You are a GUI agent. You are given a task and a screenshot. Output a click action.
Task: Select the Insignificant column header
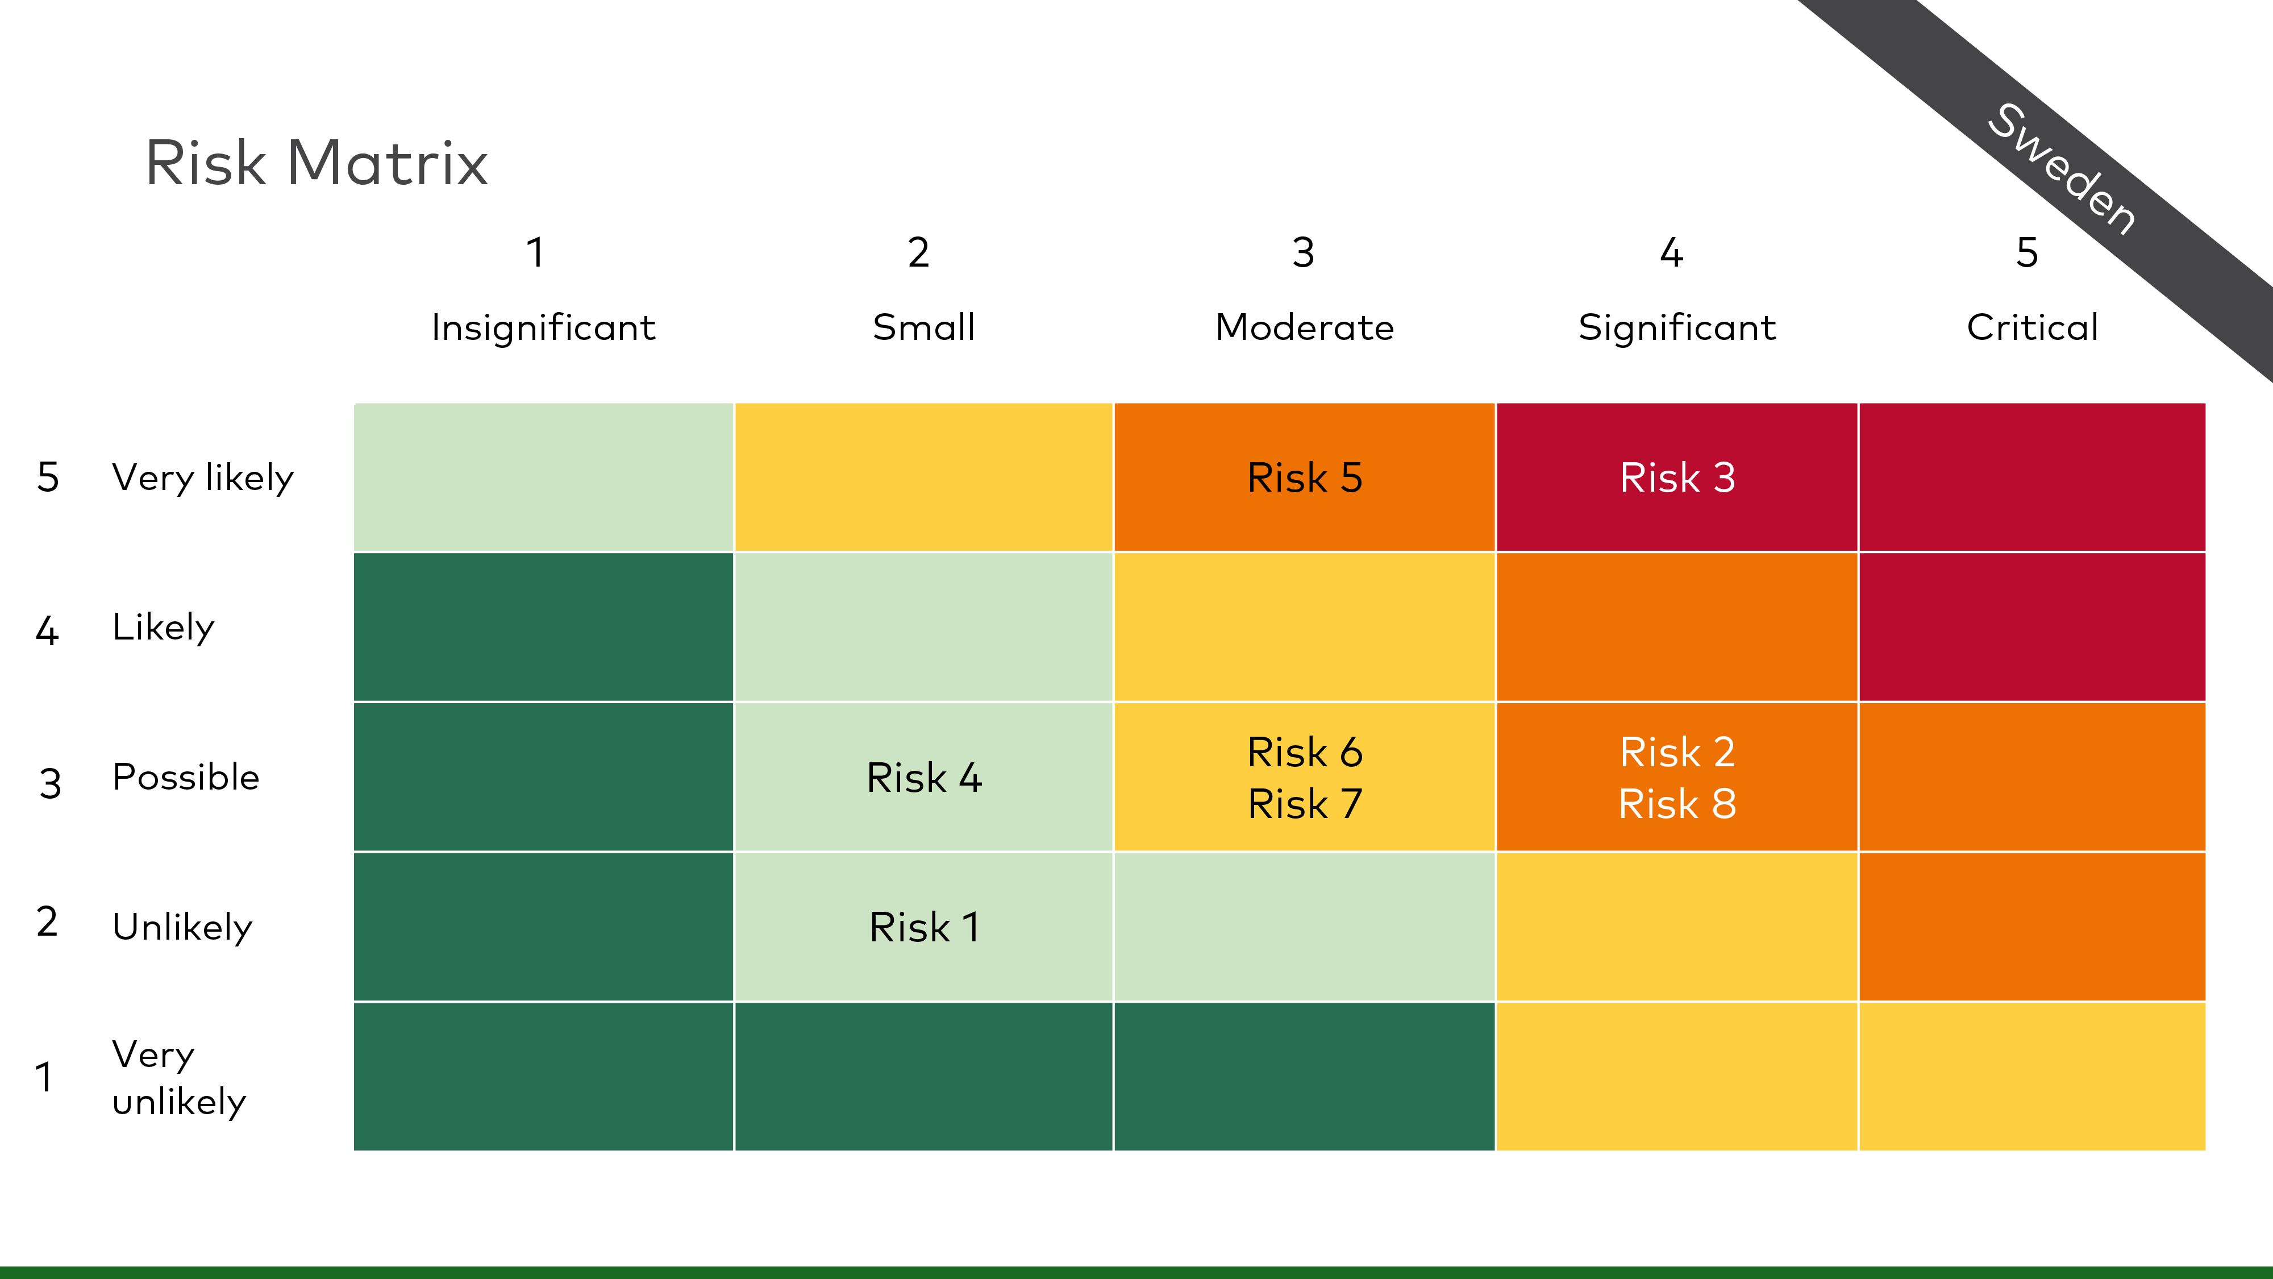(544, 327)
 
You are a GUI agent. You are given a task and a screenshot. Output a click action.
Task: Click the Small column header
(924, 327)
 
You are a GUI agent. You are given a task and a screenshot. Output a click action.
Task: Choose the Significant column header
(1676, 327)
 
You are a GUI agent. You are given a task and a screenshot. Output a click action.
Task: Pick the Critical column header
(2032, 327)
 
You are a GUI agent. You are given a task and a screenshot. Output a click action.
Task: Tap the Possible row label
(186, 776)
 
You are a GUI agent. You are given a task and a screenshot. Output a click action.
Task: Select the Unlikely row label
(182, 927)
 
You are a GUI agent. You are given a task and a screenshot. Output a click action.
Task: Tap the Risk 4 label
(924, 778)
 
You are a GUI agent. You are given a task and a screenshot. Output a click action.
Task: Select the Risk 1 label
(924, 927)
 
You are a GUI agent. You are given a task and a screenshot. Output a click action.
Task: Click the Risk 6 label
(1305, 752)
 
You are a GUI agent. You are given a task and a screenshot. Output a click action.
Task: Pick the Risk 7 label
(1305, 803)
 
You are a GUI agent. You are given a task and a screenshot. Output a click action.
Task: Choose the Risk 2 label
(1677, 752)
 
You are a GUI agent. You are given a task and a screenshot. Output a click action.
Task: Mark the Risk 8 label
(1677, 803)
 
